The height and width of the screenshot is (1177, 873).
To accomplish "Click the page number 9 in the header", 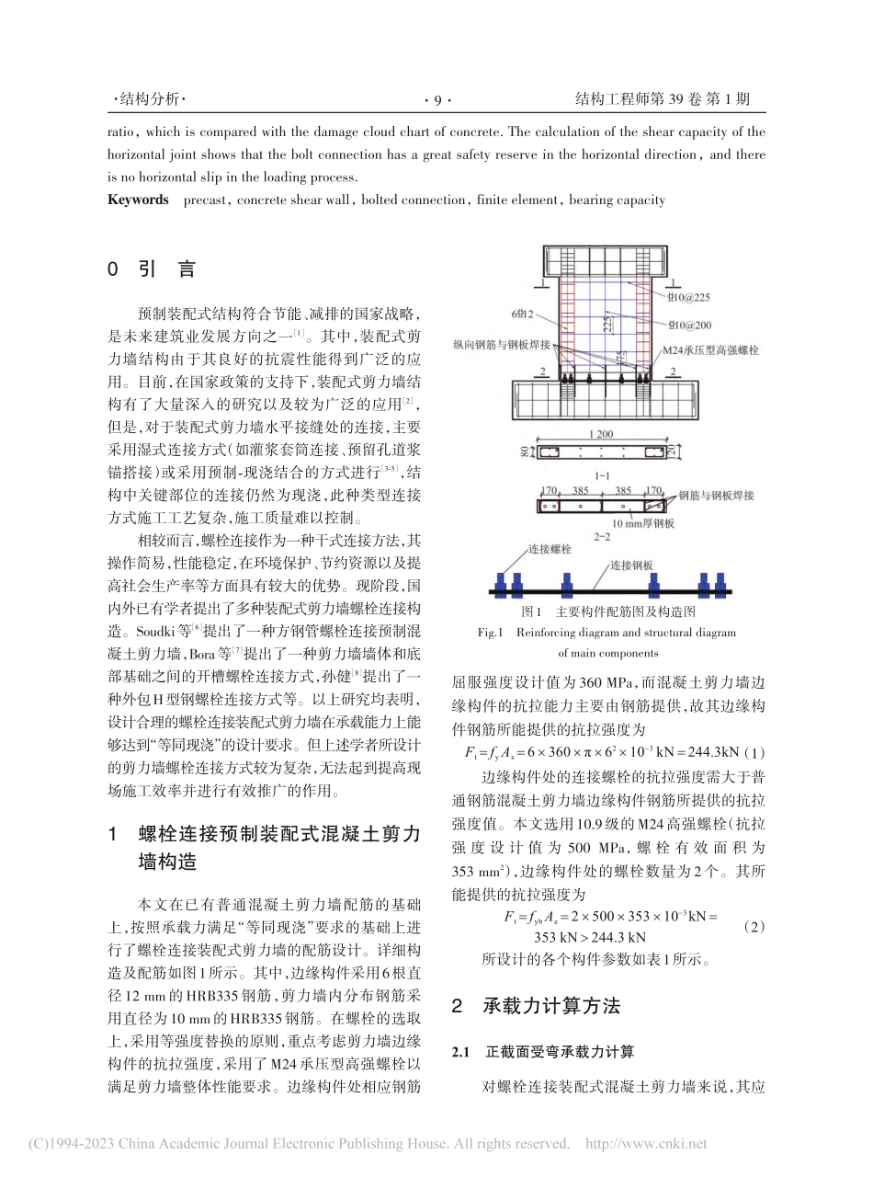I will point(437,100).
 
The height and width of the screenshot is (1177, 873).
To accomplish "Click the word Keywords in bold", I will point(138,200).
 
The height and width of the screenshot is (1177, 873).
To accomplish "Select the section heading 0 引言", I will point(153,269).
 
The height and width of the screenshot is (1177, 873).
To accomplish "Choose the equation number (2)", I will point(753,928).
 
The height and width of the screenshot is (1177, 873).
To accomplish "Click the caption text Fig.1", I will point(493,633).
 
